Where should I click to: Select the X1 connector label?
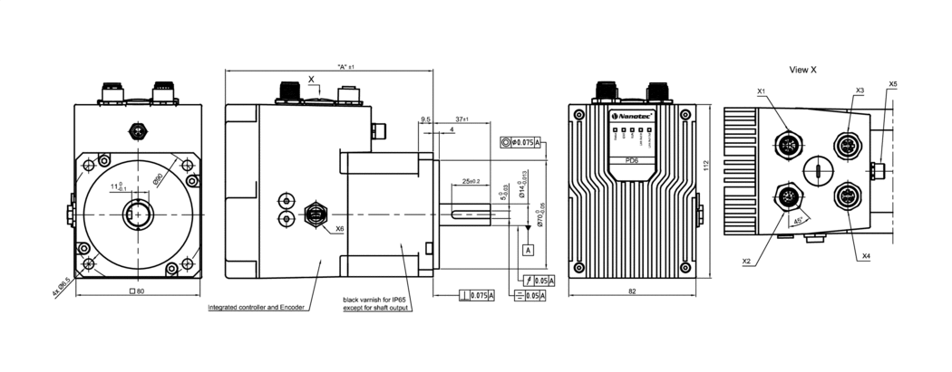point(761,91)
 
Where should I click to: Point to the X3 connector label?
point(860,91)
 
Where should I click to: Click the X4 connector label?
point(866,256)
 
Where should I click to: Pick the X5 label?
point(893,84)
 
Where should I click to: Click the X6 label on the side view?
point(339,229)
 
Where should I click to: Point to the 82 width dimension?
point(632,291)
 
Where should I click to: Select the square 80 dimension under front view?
point(139,291)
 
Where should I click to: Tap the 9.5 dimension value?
point(425,119)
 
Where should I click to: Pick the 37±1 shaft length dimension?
point(462,119)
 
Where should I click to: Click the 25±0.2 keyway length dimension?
point(471,181)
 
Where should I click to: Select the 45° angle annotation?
point(798,220)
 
